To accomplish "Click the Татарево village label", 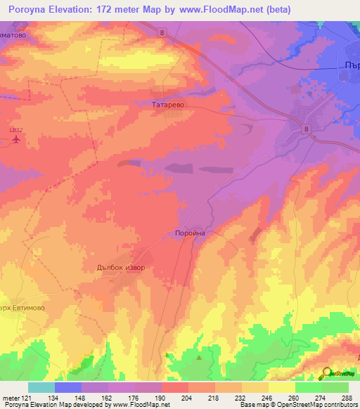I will click(x=168, y=104).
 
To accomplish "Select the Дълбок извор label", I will click(x=119, y=267).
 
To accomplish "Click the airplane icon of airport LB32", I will click(x=17, y=139).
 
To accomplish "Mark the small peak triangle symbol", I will click(x=199, y=358).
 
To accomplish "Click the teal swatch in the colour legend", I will click(x=41, y=387).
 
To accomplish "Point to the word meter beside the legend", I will click(x=11, y=398).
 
